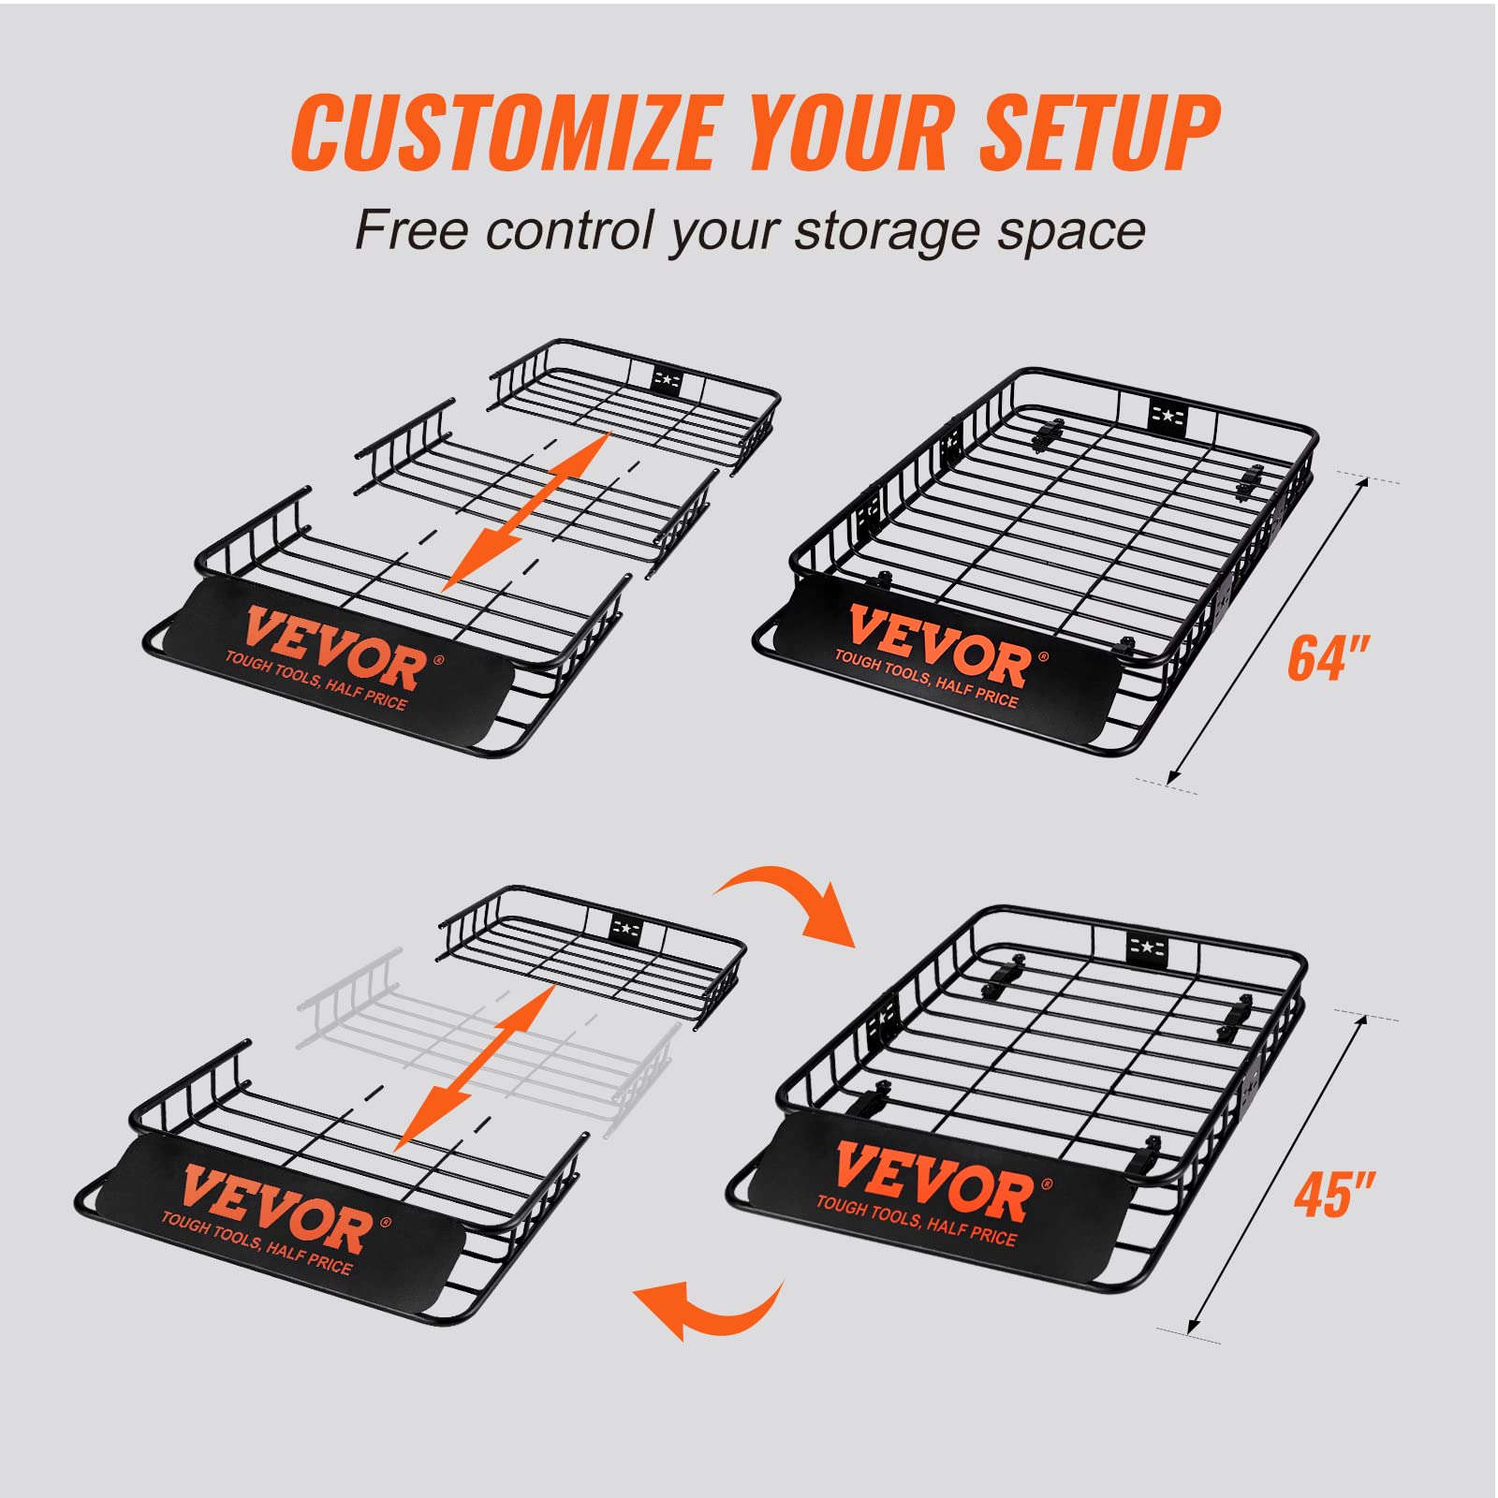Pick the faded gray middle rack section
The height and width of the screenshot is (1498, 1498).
[487, 1039]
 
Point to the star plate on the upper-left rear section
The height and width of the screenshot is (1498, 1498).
[666, 379]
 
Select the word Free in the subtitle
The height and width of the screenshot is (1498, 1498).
[410, 230]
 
